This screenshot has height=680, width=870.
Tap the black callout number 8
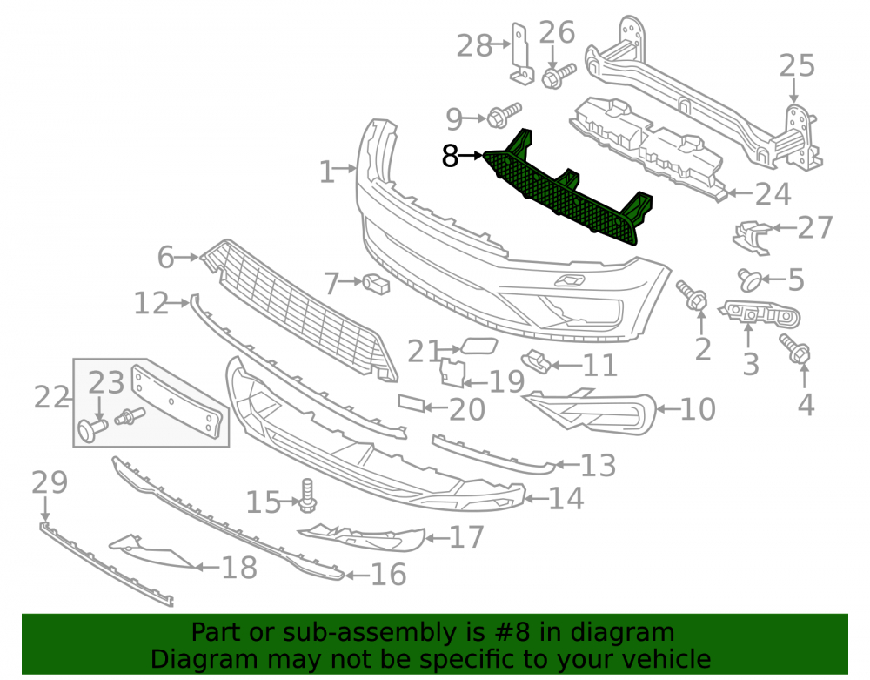(x=450, y=157)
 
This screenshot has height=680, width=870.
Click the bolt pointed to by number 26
(x=559, y=76)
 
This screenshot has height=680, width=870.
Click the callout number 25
(x=797, y=66)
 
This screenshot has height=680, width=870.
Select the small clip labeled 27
(x=752, y=237)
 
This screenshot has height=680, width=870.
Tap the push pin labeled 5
(x=750, y=279)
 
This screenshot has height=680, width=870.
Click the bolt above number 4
(x=795, y=348)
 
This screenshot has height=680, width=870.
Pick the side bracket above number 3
(x=759, y=315)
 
